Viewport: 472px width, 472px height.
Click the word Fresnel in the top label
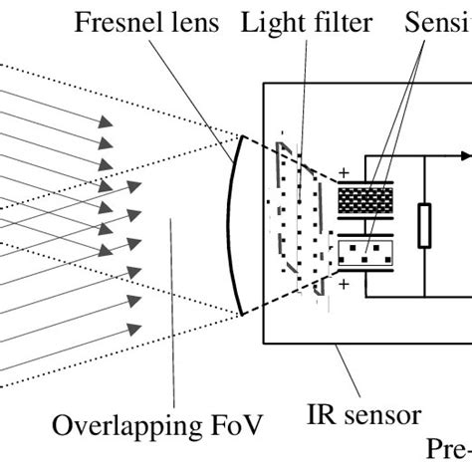point(114,22)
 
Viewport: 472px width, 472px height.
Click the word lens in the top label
point(191,22)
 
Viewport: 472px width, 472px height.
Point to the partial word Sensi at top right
point(437,22)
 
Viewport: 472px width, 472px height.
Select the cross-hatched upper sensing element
point(367,199)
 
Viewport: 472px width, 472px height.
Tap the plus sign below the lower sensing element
point(345,285)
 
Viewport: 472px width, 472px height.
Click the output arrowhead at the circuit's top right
point(464,155)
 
